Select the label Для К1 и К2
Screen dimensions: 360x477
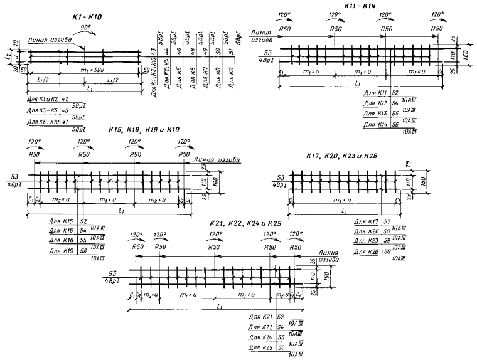41,99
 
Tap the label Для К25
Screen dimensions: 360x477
262,347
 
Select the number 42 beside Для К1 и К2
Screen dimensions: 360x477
65,99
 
